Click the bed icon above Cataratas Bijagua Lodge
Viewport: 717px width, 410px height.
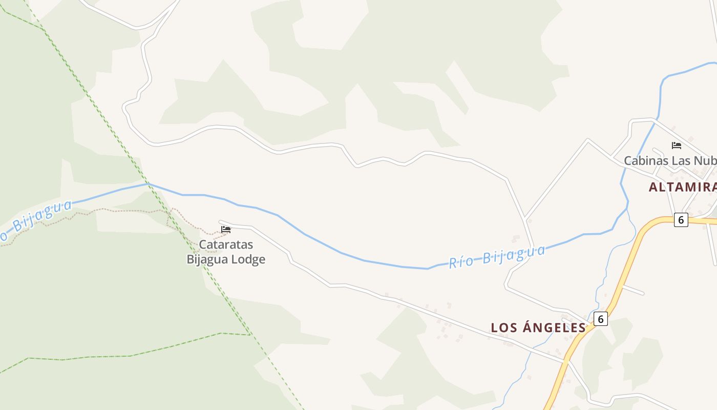[x=226, y=229]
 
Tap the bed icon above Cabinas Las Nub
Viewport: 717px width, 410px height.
[x=676, y=145]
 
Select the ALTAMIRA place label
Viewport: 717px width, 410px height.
[x=682, y=187]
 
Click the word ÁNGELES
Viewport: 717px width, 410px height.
[x=554, y=327]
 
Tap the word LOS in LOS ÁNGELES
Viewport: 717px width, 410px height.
[x=504, y=327]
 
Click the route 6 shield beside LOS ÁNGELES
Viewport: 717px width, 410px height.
[x=601, y=319]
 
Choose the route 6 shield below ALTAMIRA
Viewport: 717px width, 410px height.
[x=681, y=220]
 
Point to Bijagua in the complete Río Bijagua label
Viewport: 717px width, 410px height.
[x=514, y=254]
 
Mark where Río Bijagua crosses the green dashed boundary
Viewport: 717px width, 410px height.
[x=148, y=183]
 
